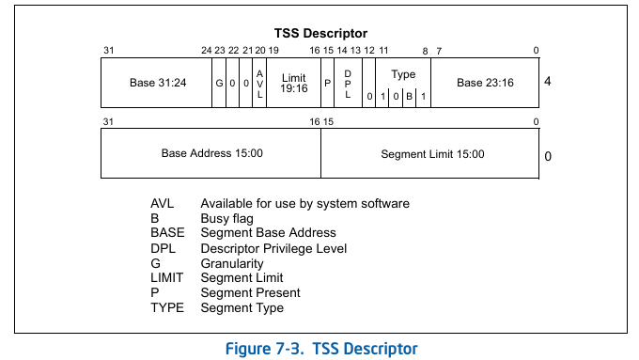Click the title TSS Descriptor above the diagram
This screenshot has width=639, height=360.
coord(320,33)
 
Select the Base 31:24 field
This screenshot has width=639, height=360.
coord(157,83)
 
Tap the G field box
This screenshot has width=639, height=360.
coord(219,83)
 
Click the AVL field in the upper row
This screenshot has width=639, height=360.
coord(260,83)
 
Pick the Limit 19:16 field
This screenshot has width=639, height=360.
coord(294,83)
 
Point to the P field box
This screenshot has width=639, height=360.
coord(328,83)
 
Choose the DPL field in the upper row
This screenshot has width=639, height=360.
coord(348,83)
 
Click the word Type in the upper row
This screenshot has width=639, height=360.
coord(403,74)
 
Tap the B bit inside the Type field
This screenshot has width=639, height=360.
coord(410,96)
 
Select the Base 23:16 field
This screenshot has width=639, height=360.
coord(485,83)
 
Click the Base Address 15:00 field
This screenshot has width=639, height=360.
coord(211,153)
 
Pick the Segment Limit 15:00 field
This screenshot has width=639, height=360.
coord(432,153)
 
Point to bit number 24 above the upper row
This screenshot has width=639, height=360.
coord(206,51)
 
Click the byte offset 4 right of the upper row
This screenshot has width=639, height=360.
coord(547,82)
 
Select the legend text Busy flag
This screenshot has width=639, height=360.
coord(227,218)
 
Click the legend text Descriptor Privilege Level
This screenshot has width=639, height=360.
coord(273,248)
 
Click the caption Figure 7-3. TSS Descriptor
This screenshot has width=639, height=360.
coord(320,348)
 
